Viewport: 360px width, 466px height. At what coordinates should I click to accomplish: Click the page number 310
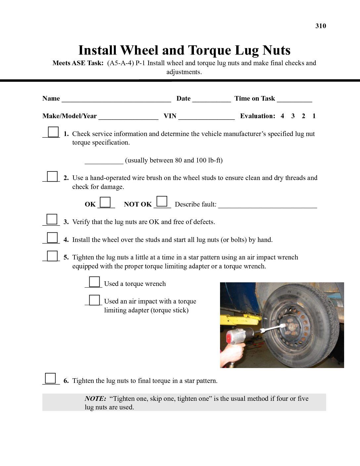(x=321, y=26)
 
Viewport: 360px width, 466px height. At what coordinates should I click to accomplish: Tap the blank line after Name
(x=116, y=99)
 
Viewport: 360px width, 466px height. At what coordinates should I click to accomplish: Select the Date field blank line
(x=211, y=99)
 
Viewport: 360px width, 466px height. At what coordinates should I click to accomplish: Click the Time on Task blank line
(x=294, y=99)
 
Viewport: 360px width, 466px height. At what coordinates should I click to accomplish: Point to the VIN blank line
(x=206, y=117)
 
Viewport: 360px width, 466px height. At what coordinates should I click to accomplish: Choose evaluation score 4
(x=282, y=116)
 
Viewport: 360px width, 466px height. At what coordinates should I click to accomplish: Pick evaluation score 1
(x=314, y=116)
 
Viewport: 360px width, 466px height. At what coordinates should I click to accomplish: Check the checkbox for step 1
(x=53, y=132)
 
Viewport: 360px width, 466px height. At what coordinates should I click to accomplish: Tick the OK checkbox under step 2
(x=105, y=202)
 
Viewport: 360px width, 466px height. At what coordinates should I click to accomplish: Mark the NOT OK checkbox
(x=162, y=201)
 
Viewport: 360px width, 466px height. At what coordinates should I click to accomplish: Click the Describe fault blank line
(x=267, y=205)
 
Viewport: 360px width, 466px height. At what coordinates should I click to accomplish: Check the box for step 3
(x=52, y=219)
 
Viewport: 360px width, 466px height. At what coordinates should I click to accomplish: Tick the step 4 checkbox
(x=52, y=238)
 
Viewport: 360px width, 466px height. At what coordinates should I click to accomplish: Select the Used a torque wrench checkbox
(x=95, y=282)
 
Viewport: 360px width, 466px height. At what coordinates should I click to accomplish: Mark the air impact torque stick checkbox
(x=95, y=300)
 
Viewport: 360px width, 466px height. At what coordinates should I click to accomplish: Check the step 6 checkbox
(x=50, y=378)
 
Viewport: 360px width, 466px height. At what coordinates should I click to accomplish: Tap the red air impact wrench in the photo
(x=236, y=336)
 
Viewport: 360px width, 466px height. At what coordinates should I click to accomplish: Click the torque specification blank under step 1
(x=104, y=161)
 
